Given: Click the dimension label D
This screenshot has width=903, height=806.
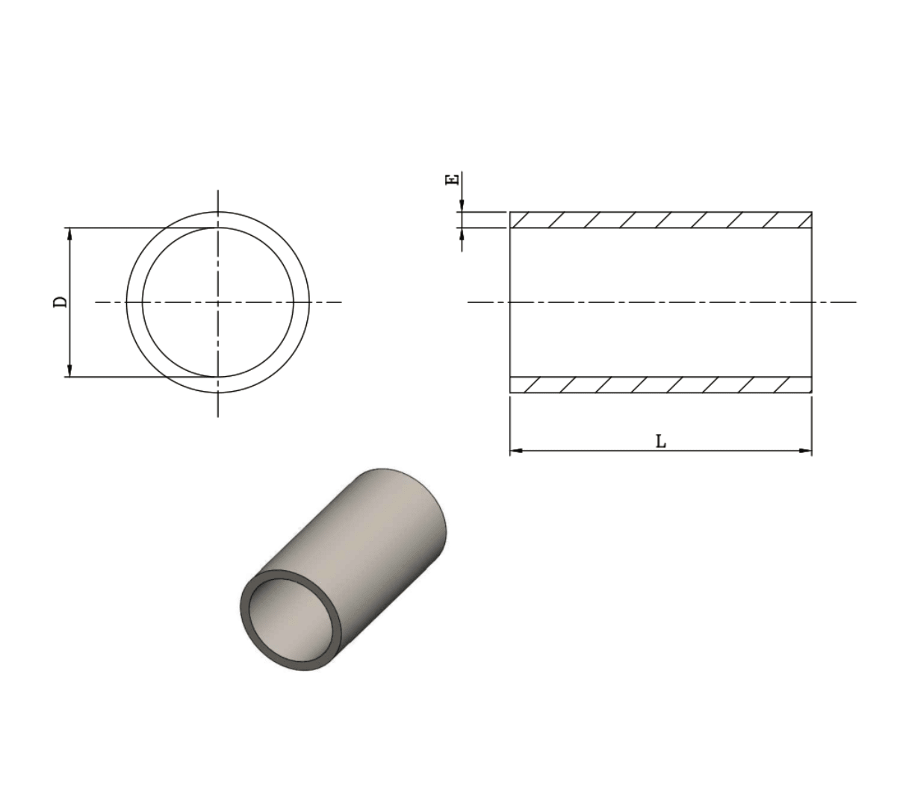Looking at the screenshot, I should [60, 302].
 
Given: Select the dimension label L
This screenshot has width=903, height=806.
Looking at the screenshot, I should [661, 442].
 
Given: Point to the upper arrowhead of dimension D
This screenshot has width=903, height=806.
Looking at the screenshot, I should [69, 234].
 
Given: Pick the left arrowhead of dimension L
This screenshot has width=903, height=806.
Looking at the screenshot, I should [516, 451].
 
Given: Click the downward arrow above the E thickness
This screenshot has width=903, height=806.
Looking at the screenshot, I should [462, 205].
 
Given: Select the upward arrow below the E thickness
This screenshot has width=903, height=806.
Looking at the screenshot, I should [462, 234].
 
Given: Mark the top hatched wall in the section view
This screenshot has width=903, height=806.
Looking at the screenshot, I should [660, 219].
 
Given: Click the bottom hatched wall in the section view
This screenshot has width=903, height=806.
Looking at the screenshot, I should [660, 384].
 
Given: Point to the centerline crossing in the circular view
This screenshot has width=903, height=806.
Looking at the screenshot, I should [217, 302].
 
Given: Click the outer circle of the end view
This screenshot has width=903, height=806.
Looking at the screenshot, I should [127, 302].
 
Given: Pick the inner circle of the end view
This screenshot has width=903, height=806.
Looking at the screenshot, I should [143, 302].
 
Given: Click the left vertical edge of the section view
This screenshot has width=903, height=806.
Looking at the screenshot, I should [510, 302].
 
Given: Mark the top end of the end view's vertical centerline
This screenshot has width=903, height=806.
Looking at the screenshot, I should [217, 192].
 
